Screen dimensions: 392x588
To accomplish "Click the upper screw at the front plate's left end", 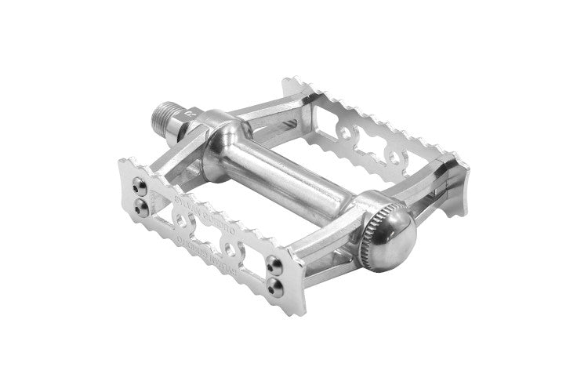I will [x=142, y=187].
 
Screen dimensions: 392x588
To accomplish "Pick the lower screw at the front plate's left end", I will [x=142, y=205].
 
